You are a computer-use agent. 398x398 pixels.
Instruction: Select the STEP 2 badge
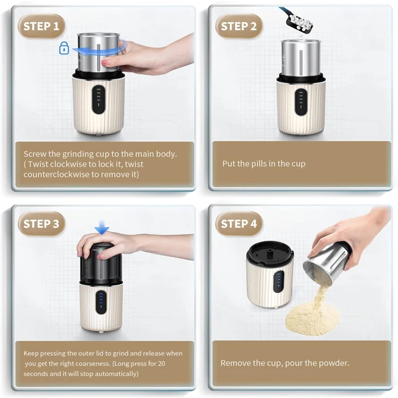tap(239, 26)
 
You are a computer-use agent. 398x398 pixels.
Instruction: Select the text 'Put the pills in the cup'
tap(264, 163)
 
